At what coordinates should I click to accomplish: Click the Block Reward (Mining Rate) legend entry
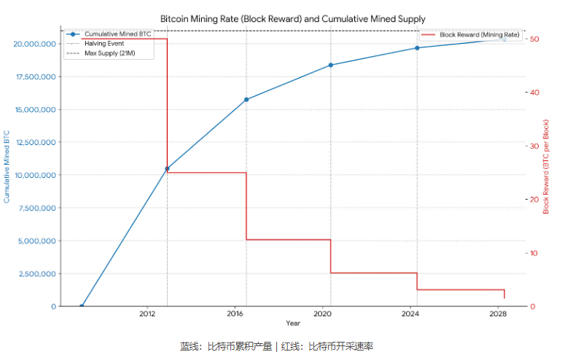pos(479,34)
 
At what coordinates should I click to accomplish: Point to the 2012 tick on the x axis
pos(148,314)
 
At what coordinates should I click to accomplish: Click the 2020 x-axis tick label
pos(323,314)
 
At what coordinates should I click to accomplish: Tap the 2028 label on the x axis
pos(498,314)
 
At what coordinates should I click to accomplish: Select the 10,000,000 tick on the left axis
pos(34,176)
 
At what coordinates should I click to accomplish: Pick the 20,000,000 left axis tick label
pos(34,44)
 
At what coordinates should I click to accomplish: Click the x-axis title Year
pos(292,323)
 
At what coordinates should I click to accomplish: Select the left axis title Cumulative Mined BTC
pos(7,167)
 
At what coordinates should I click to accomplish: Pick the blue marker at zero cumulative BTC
pos(82,306)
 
